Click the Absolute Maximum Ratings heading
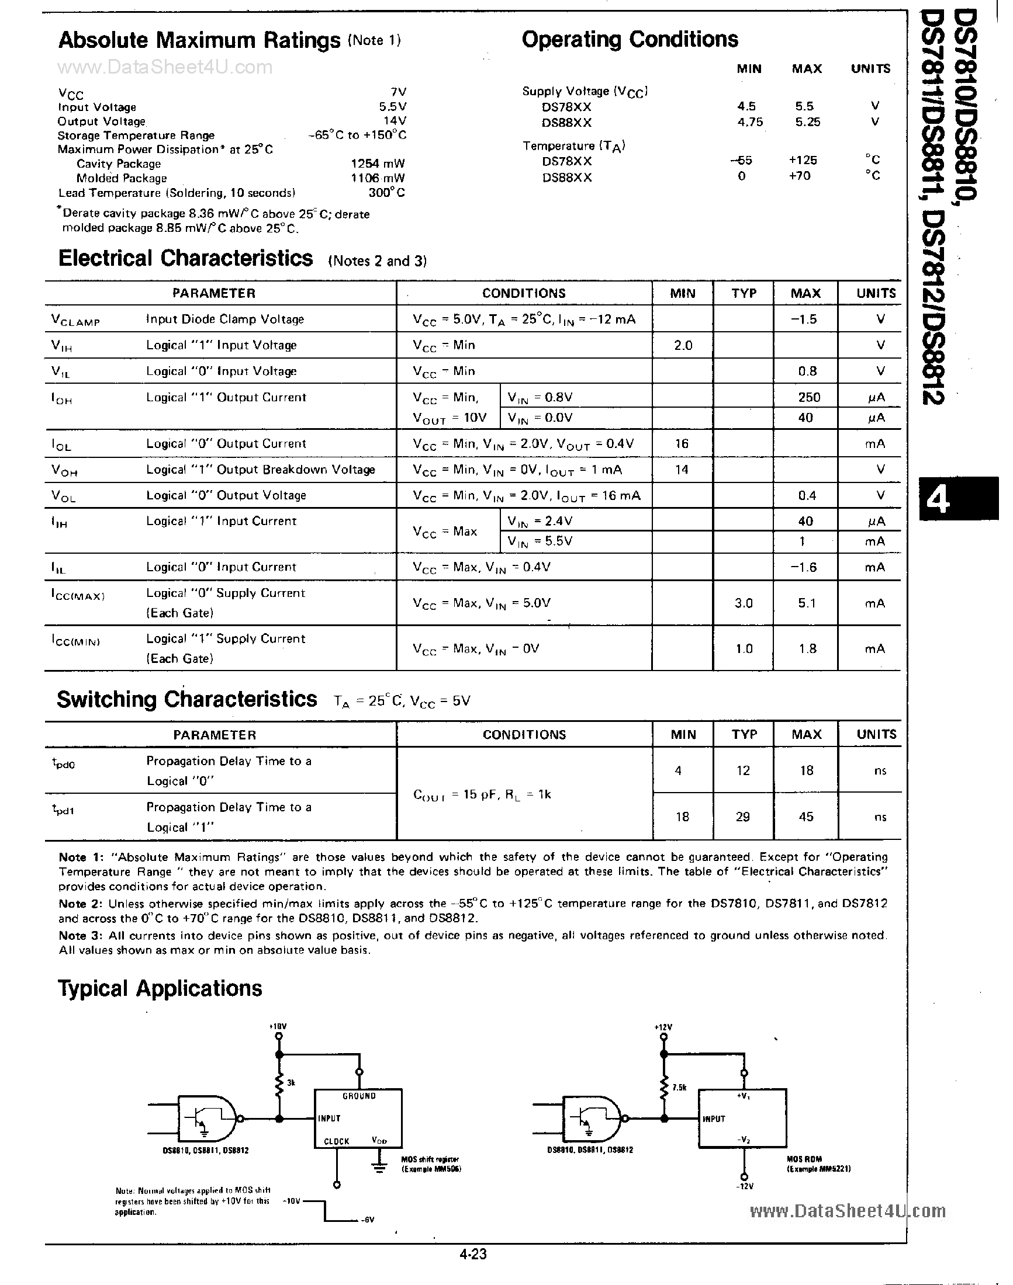point(199,40)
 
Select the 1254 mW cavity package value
point(377,164)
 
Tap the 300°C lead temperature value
point(387,193)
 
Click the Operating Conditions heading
point(630,39)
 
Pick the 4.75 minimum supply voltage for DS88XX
point(750,122)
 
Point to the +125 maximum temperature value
point(803,160)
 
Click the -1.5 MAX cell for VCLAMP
point(804,319)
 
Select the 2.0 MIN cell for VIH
point(683,345)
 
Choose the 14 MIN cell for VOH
point(682,470)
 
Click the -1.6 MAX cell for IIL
point(804,567)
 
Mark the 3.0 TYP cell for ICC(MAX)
point(744,603)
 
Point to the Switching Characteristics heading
point(187,699)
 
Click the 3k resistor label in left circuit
point(291,1083)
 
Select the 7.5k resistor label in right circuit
point(679,1088)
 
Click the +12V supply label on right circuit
point(663,1027)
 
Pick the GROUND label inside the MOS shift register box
point(359,1096)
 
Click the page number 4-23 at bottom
point(473,1253)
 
